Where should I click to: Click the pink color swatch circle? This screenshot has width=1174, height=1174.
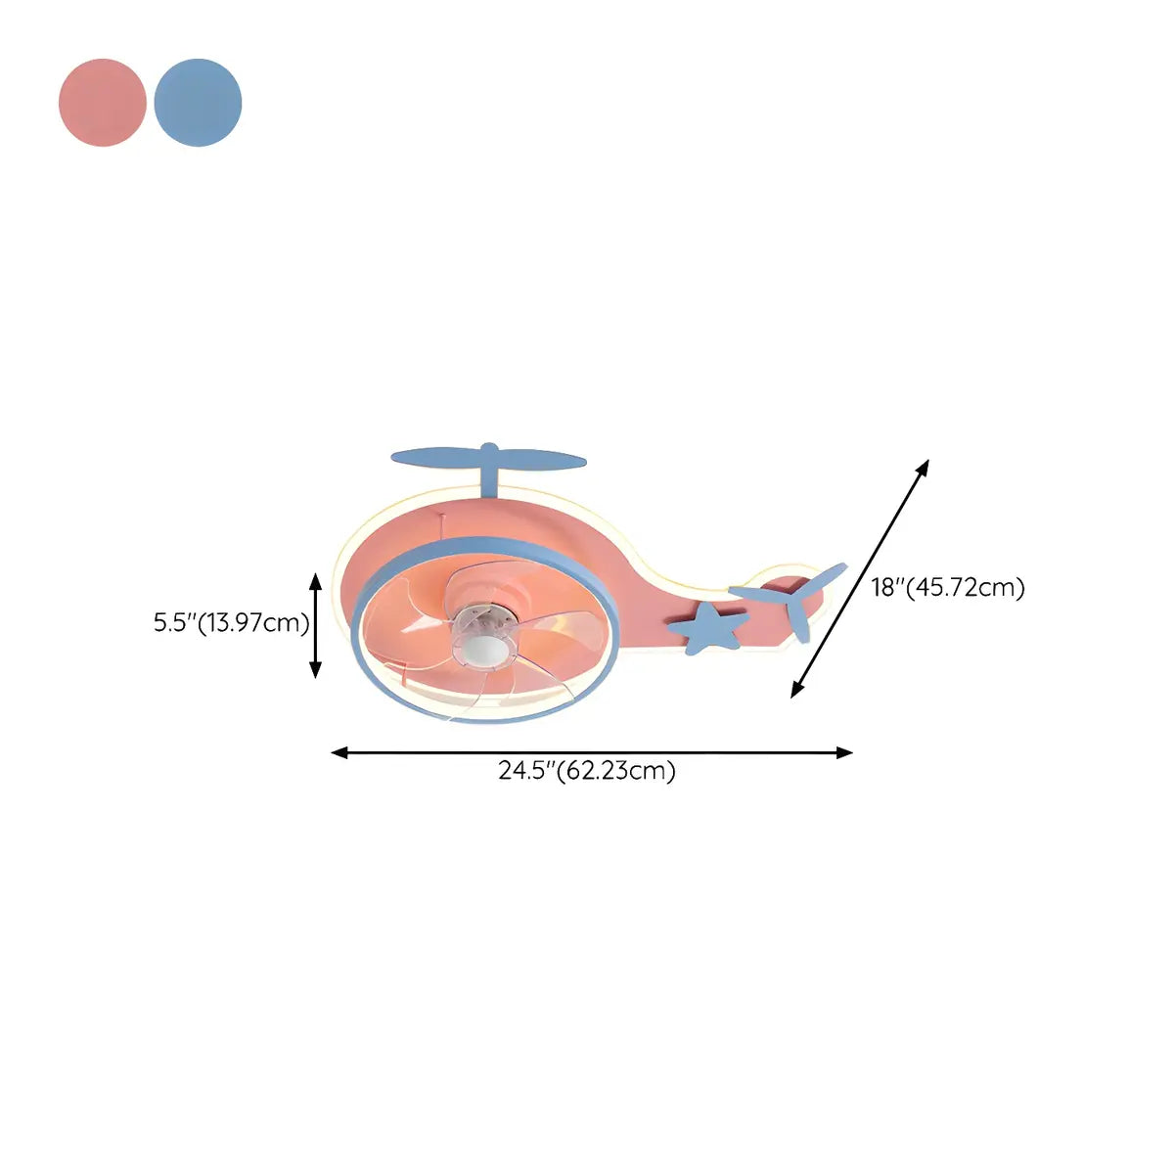103,103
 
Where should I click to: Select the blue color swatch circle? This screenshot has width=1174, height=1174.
198,103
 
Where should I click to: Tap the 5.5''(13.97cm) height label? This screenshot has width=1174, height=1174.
231,623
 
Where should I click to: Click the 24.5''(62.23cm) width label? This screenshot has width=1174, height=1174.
587,771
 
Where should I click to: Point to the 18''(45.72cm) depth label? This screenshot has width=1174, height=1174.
948,587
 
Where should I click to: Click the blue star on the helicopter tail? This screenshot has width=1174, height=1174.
708,627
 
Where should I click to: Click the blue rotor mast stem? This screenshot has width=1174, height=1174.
488,476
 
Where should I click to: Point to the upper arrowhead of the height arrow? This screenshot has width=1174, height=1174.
316,581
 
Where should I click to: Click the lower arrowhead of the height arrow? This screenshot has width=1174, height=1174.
316,669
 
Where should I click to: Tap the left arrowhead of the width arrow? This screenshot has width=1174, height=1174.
339,753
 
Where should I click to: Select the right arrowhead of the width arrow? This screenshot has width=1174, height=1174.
844,753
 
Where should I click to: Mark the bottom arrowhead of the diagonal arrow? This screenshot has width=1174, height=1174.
796,689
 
